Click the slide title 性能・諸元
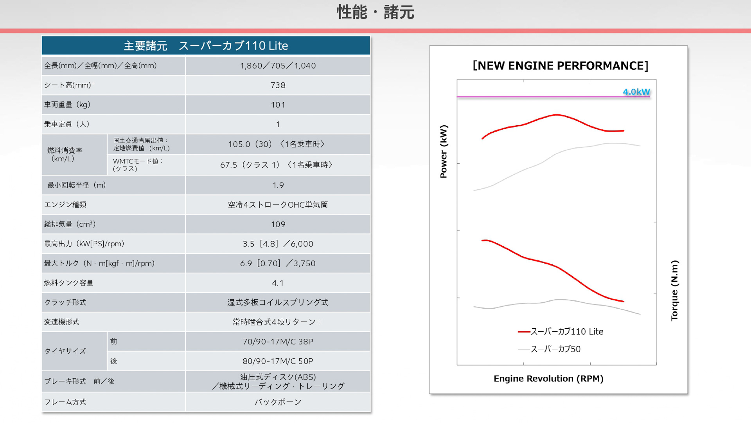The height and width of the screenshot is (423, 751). click(375, 13)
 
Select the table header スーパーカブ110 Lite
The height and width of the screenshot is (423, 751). click(206, 46)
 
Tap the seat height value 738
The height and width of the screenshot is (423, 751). click(278, 85)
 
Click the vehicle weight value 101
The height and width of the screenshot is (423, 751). click(278, 105)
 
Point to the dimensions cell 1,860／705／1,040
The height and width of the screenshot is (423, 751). click(278, 66)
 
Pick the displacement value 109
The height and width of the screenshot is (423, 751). click(278, 224)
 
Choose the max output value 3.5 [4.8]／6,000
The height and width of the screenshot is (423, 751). click(278, 244)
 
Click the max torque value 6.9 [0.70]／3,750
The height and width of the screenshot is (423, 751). click(278, 264)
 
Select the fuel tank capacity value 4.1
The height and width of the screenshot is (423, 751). click(278, 283)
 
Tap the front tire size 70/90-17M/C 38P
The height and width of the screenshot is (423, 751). click(278, 342)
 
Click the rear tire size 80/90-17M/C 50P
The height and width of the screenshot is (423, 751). click(278, 362)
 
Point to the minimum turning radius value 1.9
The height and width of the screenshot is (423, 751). click(278, 185)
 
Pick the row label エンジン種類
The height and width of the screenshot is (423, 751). click(65, 205)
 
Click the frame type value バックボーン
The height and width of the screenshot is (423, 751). click(278, 402)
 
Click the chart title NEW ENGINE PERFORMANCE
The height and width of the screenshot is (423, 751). click(560, 66)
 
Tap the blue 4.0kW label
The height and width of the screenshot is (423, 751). click(636, 92)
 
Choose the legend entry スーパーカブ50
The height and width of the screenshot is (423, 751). click(555, 349)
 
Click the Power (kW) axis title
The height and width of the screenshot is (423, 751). click(444, 152)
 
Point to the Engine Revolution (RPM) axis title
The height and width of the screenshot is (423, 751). click(548, 379)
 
